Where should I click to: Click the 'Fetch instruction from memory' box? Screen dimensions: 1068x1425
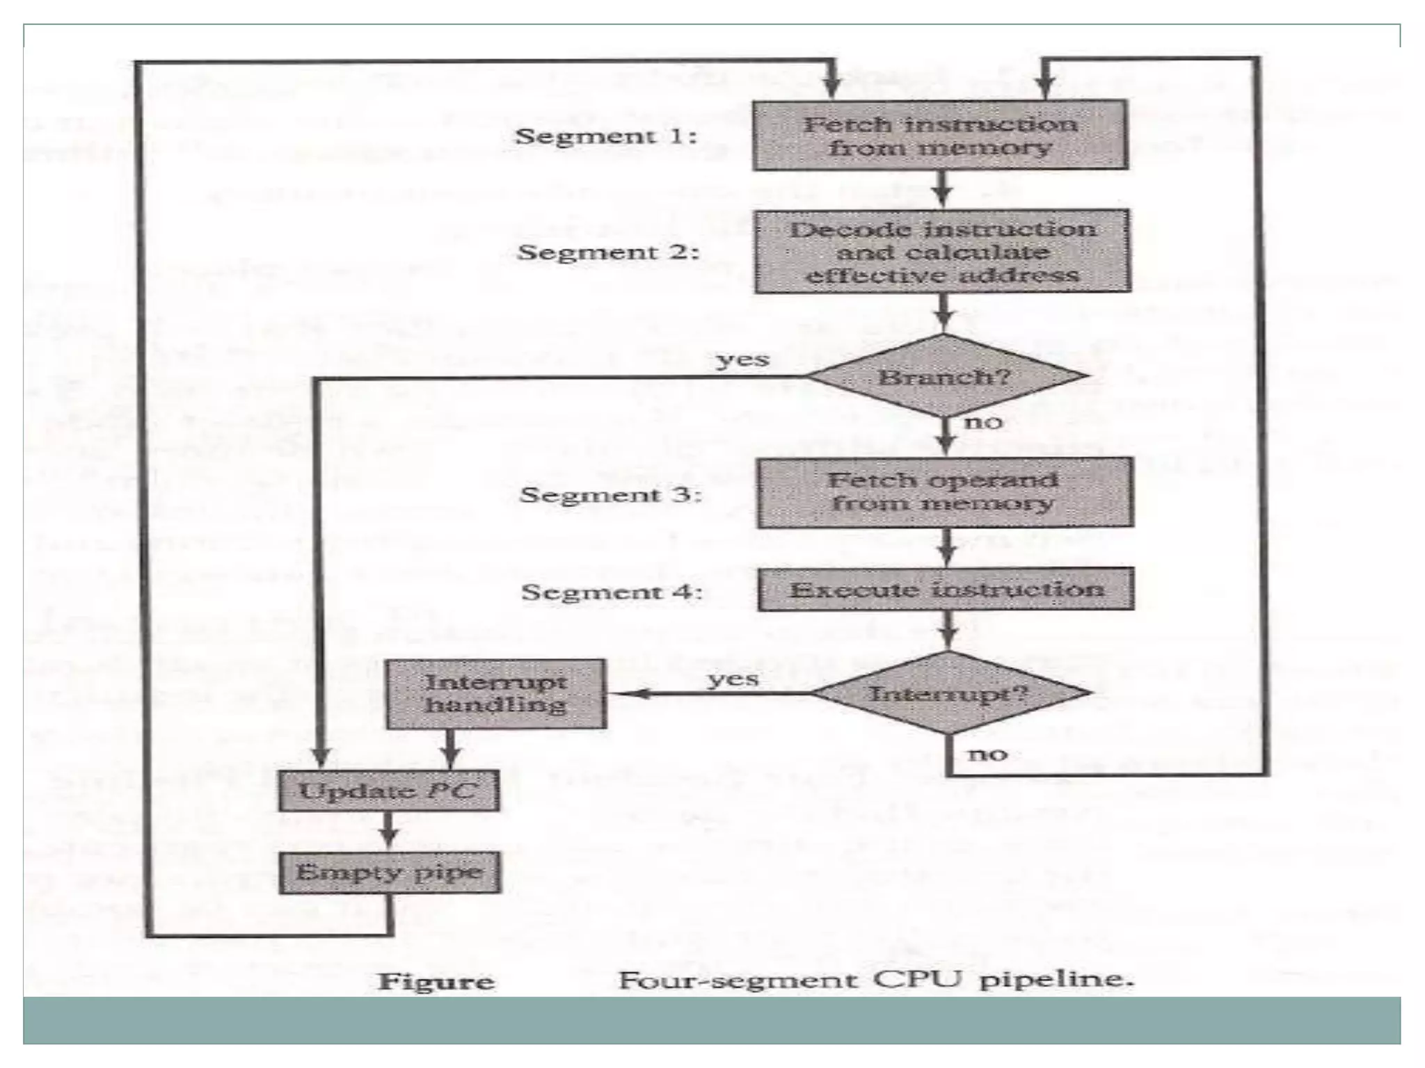(x=940, y=136)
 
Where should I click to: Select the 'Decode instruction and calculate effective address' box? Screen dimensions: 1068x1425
(x=942, y=252)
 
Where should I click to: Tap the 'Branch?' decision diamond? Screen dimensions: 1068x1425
(x=944, y=377)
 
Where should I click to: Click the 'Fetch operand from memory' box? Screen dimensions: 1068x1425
(x=945, y=492)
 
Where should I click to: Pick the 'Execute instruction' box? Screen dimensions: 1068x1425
(x=946, y=590)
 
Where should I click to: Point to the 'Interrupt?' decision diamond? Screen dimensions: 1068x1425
(x=949, y=693)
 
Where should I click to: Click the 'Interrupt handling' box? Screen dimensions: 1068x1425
(x=496, y=694)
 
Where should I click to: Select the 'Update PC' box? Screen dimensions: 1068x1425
(x=389, y=791)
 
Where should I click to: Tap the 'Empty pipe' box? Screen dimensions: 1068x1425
(x=390, y=872)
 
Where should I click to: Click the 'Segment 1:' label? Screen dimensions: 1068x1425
(x=605, y=136)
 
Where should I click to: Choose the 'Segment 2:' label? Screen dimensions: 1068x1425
(x=607, y=252)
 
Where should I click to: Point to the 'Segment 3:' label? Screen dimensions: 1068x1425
(x=610, y=494)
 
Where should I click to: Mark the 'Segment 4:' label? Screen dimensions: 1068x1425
(x=612, y=592)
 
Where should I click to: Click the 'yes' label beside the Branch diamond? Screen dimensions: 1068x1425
(x=742, y=360)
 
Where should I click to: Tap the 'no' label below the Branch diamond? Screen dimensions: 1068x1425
(x=983, y=422)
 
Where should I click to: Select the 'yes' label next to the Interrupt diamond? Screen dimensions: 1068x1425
(x=733, y=679)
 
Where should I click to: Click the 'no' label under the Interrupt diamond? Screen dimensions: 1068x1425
(x=987, y=754)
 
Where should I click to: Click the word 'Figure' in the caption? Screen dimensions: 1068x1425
(x=436, y=981)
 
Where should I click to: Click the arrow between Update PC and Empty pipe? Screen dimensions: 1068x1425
(x=389, y=832)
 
